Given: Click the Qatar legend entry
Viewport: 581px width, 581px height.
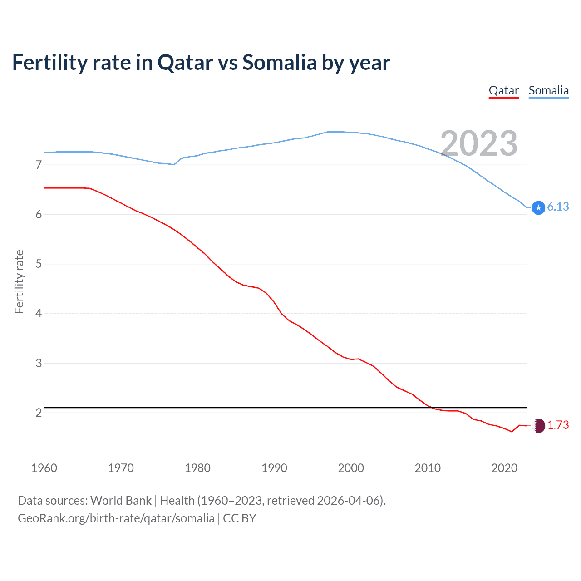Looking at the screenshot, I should tap(503, 90).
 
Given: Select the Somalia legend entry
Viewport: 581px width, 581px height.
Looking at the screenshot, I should tap(548, 90).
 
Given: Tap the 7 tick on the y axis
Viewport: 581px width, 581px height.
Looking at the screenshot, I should tap(39, 165).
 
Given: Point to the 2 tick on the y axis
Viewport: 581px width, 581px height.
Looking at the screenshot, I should tap(39, 413).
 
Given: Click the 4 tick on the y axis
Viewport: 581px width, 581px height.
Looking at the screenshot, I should tap(39, 314).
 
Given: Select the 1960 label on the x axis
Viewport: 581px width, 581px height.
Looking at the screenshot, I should tap(44, 468).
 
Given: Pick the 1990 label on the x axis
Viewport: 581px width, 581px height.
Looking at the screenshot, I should tap(274, 468).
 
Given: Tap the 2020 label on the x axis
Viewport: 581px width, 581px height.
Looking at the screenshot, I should tap(504, 468).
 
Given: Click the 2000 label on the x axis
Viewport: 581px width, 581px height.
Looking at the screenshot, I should tap(351, 468).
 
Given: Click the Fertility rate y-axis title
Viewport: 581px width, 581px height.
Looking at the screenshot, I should tap(19, 281).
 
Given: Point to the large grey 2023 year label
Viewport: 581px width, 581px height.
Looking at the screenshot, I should tap(479, 143).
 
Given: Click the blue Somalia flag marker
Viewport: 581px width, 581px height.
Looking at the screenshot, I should tap(538, 208).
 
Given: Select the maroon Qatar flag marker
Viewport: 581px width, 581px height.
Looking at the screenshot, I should tap(538, 425).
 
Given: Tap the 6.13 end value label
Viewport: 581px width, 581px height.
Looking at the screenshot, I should tap(558, 207).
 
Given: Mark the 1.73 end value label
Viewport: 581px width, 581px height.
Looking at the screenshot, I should tap(558, 425).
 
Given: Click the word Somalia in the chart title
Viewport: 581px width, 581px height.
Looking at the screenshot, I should tap(279, 63).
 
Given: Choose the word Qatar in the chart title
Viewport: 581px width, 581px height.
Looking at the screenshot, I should tap(185, 63).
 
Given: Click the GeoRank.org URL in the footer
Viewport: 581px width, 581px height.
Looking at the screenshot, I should tap(116, 518).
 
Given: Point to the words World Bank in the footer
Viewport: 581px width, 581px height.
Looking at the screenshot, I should tap(121, 501).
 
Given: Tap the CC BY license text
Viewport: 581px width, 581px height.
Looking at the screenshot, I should tap(240, 518).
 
